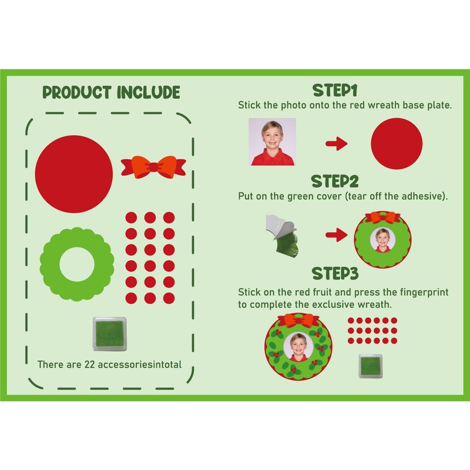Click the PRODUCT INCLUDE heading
[111, 92]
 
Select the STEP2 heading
[335, 180]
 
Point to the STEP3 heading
[335, 274]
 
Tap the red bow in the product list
[153, 166]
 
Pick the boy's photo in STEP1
[271, 142]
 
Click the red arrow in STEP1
[337, 143]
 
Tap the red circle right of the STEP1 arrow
[397, 144]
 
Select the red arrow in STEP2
[337, 236]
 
